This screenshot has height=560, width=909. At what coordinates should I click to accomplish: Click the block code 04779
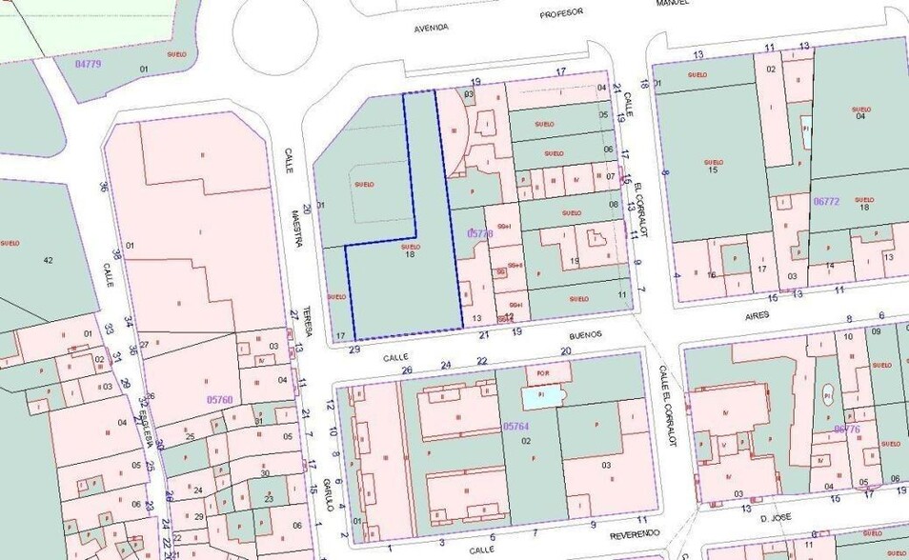(x=88, y=63)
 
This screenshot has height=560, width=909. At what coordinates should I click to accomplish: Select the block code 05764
(x=515, y=427)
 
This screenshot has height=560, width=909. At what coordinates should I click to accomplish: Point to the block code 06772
(x=826, y=201)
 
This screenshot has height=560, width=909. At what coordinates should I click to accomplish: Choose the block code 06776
(x=847, y=429)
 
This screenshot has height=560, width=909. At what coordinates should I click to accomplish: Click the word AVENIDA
(x=431, y=28)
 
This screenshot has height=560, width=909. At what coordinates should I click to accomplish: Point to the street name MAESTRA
(x=297, y=230)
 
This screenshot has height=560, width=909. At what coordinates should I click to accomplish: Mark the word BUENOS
(x=586, y=334)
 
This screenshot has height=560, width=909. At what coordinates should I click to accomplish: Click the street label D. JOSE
(x=778, y=517)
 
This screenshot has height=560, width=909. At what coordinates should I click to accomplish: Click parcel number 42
(x=48, y=259)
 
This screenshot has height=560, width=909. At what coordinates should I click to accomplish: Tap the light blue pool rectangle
(x=541, y=397)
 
